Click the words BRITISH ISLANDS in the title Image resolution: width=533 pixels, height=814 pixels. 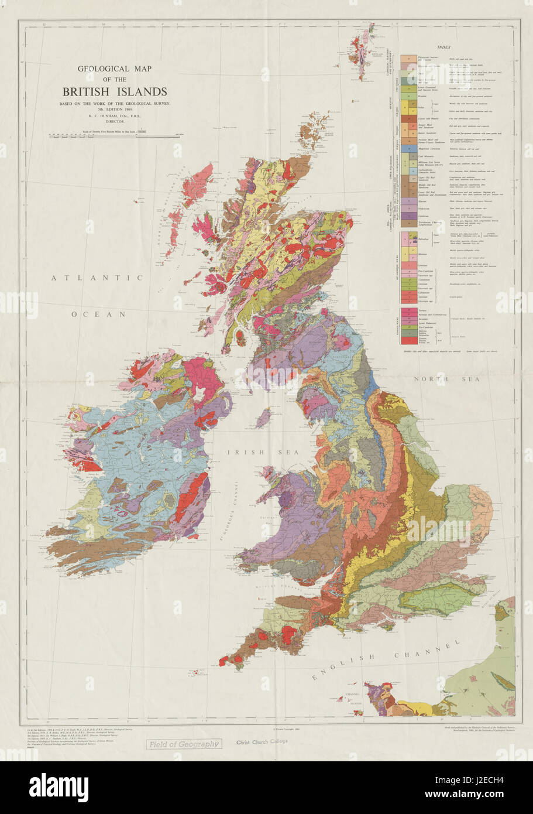115,91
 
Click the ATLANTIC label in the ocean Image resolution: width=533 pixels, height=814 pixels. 97,278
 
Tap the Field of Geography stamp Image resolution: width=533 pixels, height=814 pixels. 184,744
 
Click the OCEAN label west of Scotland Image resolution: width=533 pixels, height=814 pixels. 99,314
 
